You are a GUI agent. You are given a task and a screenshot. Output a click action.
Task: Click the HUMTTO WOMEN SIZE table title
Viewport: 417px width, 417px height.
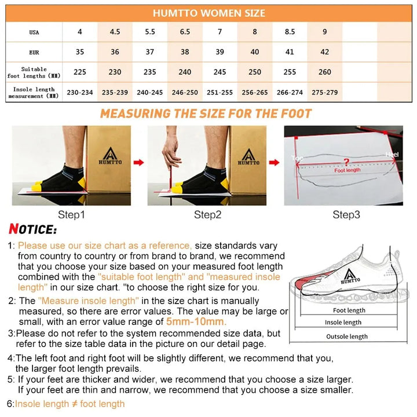pos(209,13)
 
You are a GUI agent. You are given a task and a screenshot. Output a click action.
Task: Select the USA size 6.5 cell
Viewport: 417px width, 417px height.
pos(185,32)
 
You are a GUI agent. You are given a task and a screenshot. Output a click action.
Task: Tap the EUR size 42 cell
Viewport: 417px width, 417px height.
pos(324,52)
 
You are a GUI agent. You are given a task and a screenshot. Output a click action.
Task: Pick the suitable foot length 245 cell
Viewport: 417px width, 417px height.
pos(220,72)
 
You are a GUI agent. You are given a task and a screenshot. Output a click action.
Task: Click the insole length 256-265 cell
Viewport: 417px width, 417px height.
pos(255,92)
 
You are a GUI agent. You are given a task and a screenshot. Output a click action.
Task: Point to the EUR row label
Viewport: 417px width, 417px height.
pos(34,52)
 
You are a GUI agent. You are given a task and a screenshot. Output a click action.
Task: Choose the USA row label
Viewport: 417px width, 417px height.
pos(34,32)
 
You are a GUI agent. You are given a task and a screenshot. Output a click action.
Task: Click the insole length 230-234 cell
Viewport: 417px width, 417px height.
pos(80,92)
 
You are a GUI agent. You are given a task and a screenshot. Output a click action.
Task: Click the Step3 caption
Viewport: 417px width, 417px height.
pos(346,215)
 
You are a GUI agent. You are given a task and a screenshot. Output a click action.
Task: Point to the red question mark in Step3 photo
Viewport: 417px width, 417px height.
pos(346,162)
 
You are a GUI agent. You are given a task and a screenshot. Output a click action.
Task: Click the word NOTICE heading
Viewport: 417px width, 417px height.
pos(33,230)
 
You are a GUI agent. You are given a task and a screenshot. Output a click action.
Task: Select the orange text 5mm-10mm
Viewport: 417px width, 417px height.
pos(196,322)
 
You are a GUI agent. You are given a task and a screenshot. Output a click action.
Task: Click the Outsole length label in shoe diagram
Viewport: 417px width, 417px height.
pos(346,336)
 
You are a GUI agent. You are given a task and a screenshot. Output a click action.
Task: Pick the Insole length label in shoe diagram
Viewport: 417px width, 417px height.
pos(343,323)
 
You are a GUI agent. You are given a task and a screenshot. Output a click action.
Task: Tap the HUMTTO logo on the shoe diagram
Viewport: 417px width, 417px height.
pos(349,276)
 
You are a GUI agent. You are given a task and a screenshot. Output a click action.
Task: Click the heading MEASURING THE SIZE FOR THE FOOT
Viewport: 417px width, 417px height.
pos(206,114)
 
